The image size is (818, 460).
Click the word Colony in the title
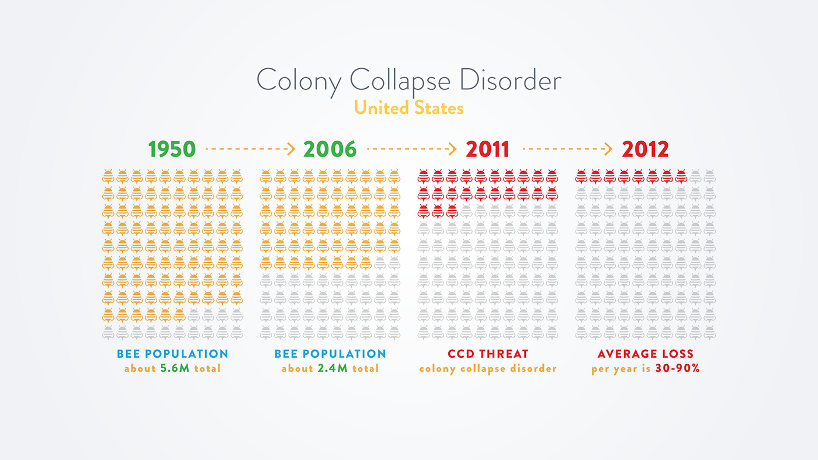tap(298, 81)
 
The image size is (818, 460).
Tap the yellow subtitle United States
tap(408, 108)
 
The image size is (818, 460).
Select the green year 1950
tap(172, 149)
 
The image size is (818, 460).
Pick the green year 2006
tap(330, 149)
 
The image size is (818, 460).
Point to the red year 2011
tap(487, 149)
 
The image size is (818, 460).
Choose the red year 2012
tap(645, 149)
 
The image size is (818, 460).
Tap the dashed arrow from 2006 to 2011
tap(411, 149)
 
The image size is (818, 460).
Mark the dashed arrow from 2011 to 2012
tap(567, 149)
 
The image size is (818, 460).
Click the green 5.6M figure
tap(175, 368)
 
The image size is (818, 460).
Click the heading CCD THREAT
tap(487, 354)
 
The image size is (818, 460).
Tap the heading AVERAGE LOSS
tap(645, 354)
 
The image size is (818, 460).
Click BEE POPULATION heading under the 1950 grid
tap(172, 354)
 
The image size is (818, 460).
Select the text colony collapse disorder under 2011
tap(487, 368)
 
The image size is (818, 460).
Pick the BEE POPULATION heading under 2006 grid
tap(330, 354)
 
